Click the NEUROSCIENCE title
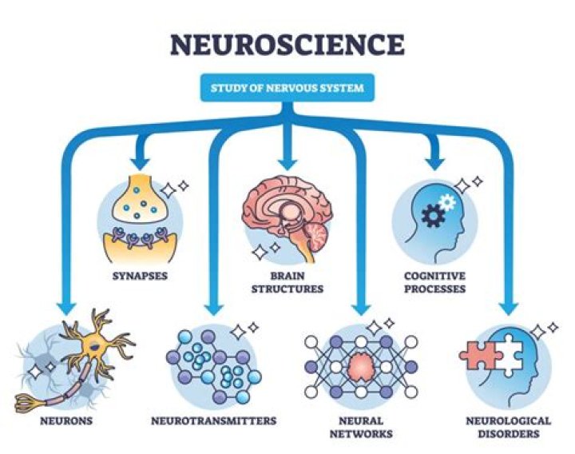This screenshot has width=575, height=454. (x=287, y=45)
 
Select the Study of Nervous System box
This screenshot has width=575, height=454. (x=287, y=88)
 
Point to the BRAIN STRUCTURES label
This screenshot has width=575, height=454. (x=287, y=282)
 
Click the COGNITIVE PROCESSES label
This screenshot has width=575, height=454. (x=434, y=282)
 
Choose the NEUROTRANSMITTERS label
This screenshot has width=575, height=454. (x=213, y=420)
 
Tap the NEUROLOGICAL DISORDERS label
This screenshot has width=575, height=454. (x=508, y=427)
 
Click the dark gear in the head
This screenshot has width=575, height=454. (x=434, y=217)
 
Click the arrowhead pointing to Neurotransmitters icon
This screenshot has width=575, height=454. (x=212, y=305)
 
